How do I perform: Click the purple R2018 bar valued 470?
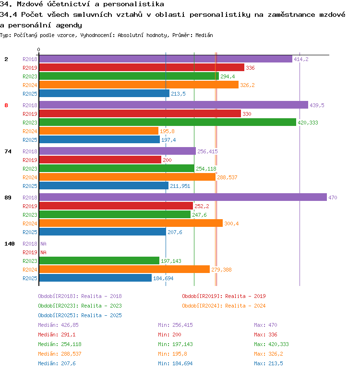click(x=183, y=197)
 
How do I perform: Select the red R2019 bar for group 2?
click(x=142, y=67)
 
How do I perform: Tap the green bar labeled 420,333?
click(x=168, y=122)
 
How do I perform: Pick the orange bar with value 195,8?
click(x=98, y=131)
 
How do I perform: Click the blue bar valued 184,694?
click(x=95, y=278)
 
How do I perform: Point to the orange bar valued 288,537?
click(x=127, y=177)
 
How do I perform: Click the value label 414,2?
click(x=301, y=59)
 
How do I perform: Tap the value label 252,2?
click(x=202, y=206)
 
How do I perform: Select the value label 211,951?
click(x=180, y=186)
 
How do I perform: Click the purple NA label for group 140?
click(x=43, y=244)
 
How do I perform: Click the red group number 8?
click(x=6, y=105)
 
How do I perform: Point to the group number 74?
click(x=8, y=151)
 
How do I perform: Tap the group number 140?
click(x=10, y=244)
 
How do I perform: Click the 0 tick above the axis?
click(x=38, y=50)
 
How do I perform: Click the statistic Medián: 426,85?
click(x=58, y=325)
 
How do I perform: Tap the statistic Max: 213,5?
click(x=268, y=363)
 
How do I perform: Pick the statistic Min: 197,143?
click(x=175, y=344)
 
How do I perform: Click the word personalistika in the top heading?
click(x=133, y=4)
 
